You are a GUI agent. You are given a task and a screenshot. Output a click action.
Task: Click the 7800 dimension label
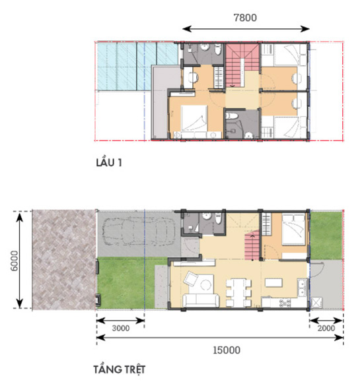pos(245,17)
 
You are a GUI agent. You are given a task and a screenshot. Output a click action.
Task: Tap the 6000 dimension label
pos(15,261)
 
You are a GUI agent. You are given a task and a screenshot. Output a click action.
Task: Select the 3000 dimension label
pos(121,328)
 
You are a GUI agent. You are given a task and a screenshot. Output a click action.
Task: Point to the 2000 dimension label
pos(326,328)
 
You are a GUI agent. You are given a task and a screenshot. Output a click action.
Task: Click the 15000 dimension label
pos(227,350)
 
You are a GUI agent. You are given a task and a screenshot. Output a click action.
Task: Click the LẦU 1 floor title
pos(109,162)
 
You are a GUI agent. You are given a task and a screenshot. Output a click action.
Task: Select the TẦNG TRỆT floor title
pos(120,370)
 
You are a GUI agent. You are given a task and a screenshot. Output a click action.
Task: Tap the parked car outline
pos(139,232)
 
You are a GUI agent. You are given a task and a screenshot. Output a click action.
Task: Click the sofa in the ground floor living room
pos(201,300)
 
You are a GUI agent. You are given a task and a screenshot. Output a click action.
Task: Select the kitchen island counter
pos(273,282)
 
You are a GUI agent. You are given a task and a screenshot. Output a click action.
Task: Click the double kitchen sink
pos(302,288)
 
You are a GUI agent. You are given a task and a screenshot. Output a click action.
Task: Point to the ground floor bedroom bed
pos(294,230)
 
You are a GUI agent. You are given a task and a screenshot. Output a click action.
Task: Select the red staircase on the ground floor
pos(252,245)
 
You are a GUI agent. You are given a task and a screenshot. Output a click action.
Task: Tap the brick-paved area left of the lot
pos(64,259)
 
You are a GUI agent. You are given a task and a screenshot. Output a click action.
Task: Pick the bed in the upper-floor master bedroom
pos(194,118)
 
